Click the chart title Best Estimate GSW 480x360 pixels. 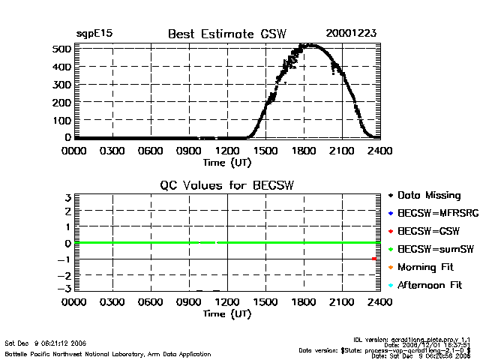tap(221, 34)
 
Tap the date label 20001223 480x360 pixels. tap(352, 34)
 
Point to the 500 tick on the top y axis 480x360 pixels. tap(61, 49)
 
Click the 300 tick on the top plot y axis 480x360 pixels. tap(61, 84)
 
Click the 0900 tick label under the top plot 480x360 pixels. tap(189, 150)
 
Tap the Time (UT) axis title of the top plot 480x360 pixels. tap(227, 161)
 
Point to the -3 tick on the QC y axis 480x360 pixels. tap(64, 289)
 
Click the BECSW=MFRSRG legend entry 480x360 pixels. tap(431, 214)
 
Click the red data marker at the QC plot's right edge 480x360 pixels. tap(373, 259)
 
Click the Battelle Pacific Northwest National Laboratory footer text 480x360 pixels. tap(108, 353)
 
